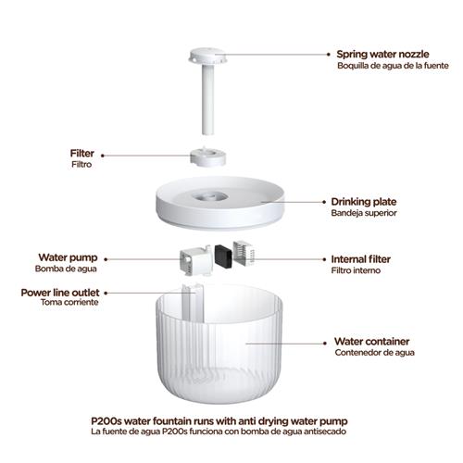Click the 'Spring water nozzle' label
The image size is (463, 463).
click(382, 54)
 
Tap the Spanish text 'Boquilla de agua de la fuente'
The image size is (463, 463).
click(393, 66)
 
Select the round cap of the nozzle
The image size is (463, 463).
click(207, 56)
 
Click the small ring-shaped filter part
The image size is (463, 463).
click(207, 157)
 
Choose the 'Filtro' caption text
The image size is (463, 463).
click(81, 164)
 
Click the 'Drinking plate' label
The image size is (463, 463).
click(364, 202)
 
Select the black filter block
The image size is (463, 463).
click(223, 256)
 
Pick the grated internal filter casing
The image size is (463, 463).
click(244, 254)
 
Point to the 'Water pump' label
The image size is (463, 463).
click(68, 257)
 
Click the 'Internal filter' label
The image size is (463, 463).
click(361, 259)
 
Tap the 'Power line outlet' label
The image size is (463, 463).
click(60, 293)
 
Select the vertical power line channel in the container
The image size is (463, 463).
click(193, 303)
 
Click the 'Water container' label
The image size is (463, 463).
click(371, 342)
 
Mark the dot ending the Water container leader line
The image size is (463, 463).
click(325, 343)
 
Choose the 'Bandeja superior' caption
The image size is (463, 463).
click(364, 213)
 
